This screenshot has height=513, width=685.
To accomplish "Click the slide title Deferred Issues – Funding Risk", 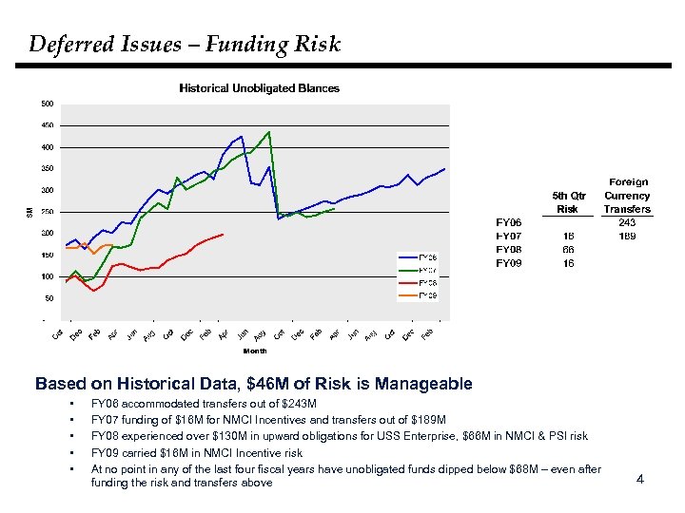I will pos(185,44).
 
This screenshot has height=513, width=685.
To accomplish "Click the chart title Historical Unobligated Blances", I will pos(260,88).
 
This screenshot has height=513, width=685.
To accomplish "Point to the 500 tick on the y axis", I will pos(47,104).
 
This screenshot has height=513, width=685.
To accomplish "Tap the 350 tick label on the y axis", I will pos(47,169).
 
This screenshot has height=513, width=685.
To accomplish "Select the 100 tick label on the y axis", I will pos(47,276).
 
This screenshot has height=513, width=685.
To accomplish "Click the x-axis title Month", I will pos(255,351).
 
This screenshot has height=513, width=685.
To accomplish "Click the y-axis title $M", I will pos(27,211).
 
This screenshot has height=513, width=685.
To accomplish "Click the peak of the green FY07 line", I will pos(269,132).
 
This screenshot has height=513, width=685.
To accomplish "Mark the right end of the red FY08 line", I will pos(223,234).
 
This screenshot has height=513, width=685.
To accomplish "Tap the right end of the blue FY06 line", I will pos(444,168).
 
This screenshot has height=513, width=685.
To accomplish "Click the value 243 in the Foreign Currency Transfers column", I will pos(627,222).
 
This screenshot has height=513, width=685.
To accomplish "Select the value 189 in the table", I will pos(627,236).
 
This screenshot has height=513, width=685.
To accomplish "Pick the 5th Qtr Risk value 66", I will pos(567,249).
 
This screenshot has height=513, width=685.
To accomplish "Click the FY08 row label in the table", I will pos(509,249).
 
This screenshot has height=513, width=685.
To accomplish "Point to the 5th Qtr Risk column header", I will pos(567,202).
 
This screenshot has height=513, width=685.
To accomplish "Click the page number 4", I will pos(640,479).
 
